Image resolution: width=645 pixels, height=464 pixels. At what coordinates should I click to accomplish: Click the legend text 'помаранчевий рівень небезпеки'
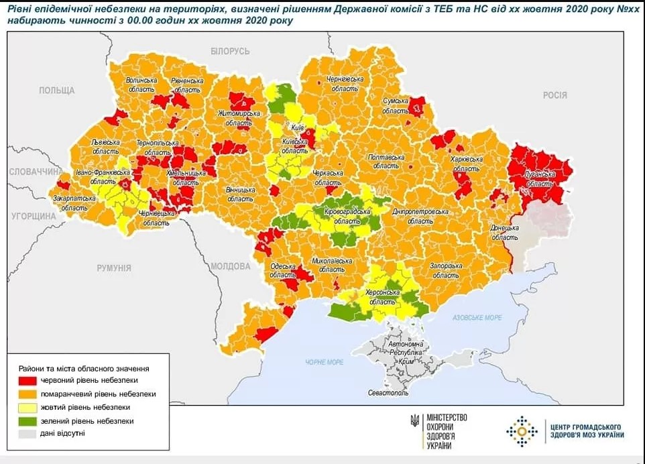98,394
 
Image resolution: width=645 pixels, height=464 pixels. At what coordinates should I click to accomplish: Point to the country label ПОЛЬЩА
57,91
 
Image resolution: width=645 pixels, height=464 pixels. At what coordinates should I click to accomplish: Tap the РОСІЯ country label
554,95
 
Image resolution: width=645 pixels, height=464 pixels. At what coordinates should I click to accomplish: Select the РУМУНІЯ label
113,268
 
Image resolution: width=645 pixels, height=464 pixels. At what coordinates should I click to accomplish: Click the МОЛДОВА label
230,266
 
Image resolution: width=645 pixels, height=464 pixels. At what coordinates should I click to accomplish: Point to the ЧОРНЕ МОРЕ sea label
325,362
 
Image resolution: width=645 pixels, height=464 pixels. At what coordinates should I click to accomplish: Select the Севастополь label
388,392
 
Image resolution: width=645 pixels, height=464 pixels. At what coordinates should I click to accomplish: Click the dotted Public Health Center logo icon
522,430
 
